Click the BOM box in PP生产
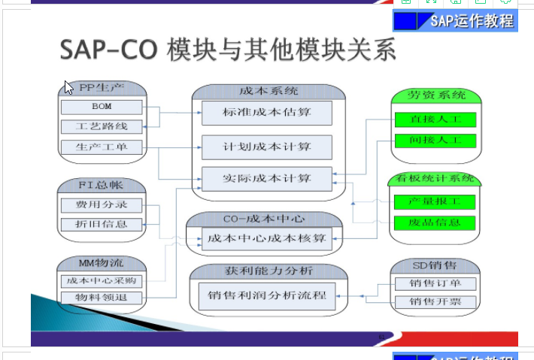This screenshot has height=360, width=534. click(x=102, y=107)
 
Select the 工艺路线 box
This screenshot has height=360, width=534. click(x=102, y=126)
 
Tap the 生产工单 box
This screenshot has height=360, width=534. click(x=102, y=146)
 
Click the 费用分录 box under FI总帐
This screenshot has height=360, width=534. click(x=102, y=204)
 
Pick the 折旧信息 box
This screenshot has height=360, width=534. click(x=102, y=224)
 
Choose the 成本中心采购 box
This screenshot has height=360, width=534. click(x=102, y=280)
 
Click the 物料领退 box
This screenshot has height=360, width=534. click(x=102, y=298)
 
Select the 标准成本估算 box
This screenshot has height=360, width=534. click(x=267, y=113)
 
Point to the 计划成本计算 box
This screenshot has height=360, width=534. click(x=267, y=147)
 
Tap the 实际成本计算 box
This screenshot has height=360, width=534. click(x=267, y=180)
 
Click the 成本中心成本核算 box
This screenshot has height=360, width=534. click(x=267, y=239)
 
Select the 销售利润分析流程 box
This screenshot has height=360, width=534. click(x=267, y=295)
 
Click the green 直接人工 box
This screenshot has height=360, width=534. click(x=435, y=119)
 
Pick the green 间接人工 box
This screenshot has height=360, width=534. click(x=435, y=141)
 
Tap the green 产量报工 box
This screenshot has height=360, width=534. click(x=435, y=202)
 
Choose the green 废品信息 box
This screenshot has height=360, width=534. click(x=435, y=223)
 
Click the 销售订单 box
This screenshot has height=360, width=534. click(x=435, y=283)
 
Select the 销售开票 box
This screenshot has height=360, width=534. click(x=435, y=302)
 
